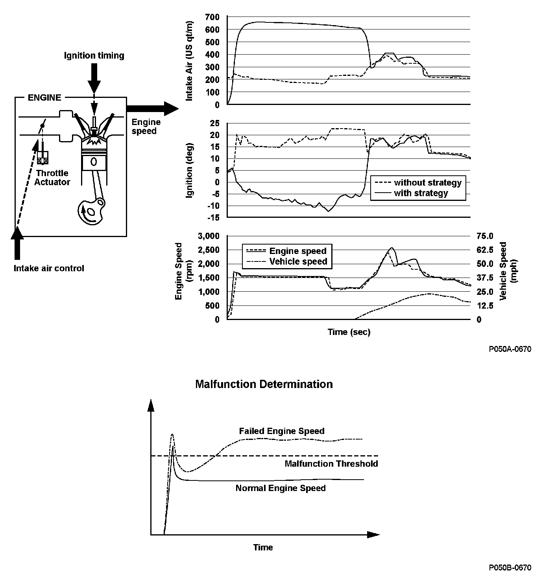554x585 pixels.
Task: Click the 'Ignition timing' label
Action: (x=94, y=55)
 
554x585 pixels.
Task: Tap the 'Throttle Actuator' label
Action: (x=52, y=177)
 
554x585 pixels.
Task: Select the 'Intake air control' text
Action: (x=49, y=269)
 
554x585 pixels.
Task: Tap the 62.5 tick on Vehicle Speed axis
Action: (x=484, y=250)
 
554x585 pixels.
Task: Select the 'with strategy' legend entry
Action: (x=421, y=193)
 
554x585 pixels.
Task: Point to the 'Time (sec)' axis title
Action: (x=349, y=332)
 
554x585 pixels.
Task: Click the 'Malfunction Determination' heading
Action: (x=264, y=384)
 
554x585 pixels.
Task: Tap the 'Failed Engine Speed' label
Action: (x=282, y=431)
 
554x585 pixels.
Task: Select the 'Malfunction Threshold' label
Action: (x=331, y=464)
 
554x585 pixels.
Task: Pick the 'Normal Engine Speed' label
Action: (x=281, y=488)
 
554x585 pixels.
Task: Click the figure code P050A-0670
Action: (x=510, y=349)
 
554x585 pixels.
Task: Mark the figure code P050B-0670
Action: (x=510, y=567)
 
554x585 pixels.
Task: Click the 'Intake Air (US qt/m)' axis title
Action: (x=189, y=61)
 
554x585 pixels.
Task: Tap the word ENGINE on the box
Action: (x=44, y=97)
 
